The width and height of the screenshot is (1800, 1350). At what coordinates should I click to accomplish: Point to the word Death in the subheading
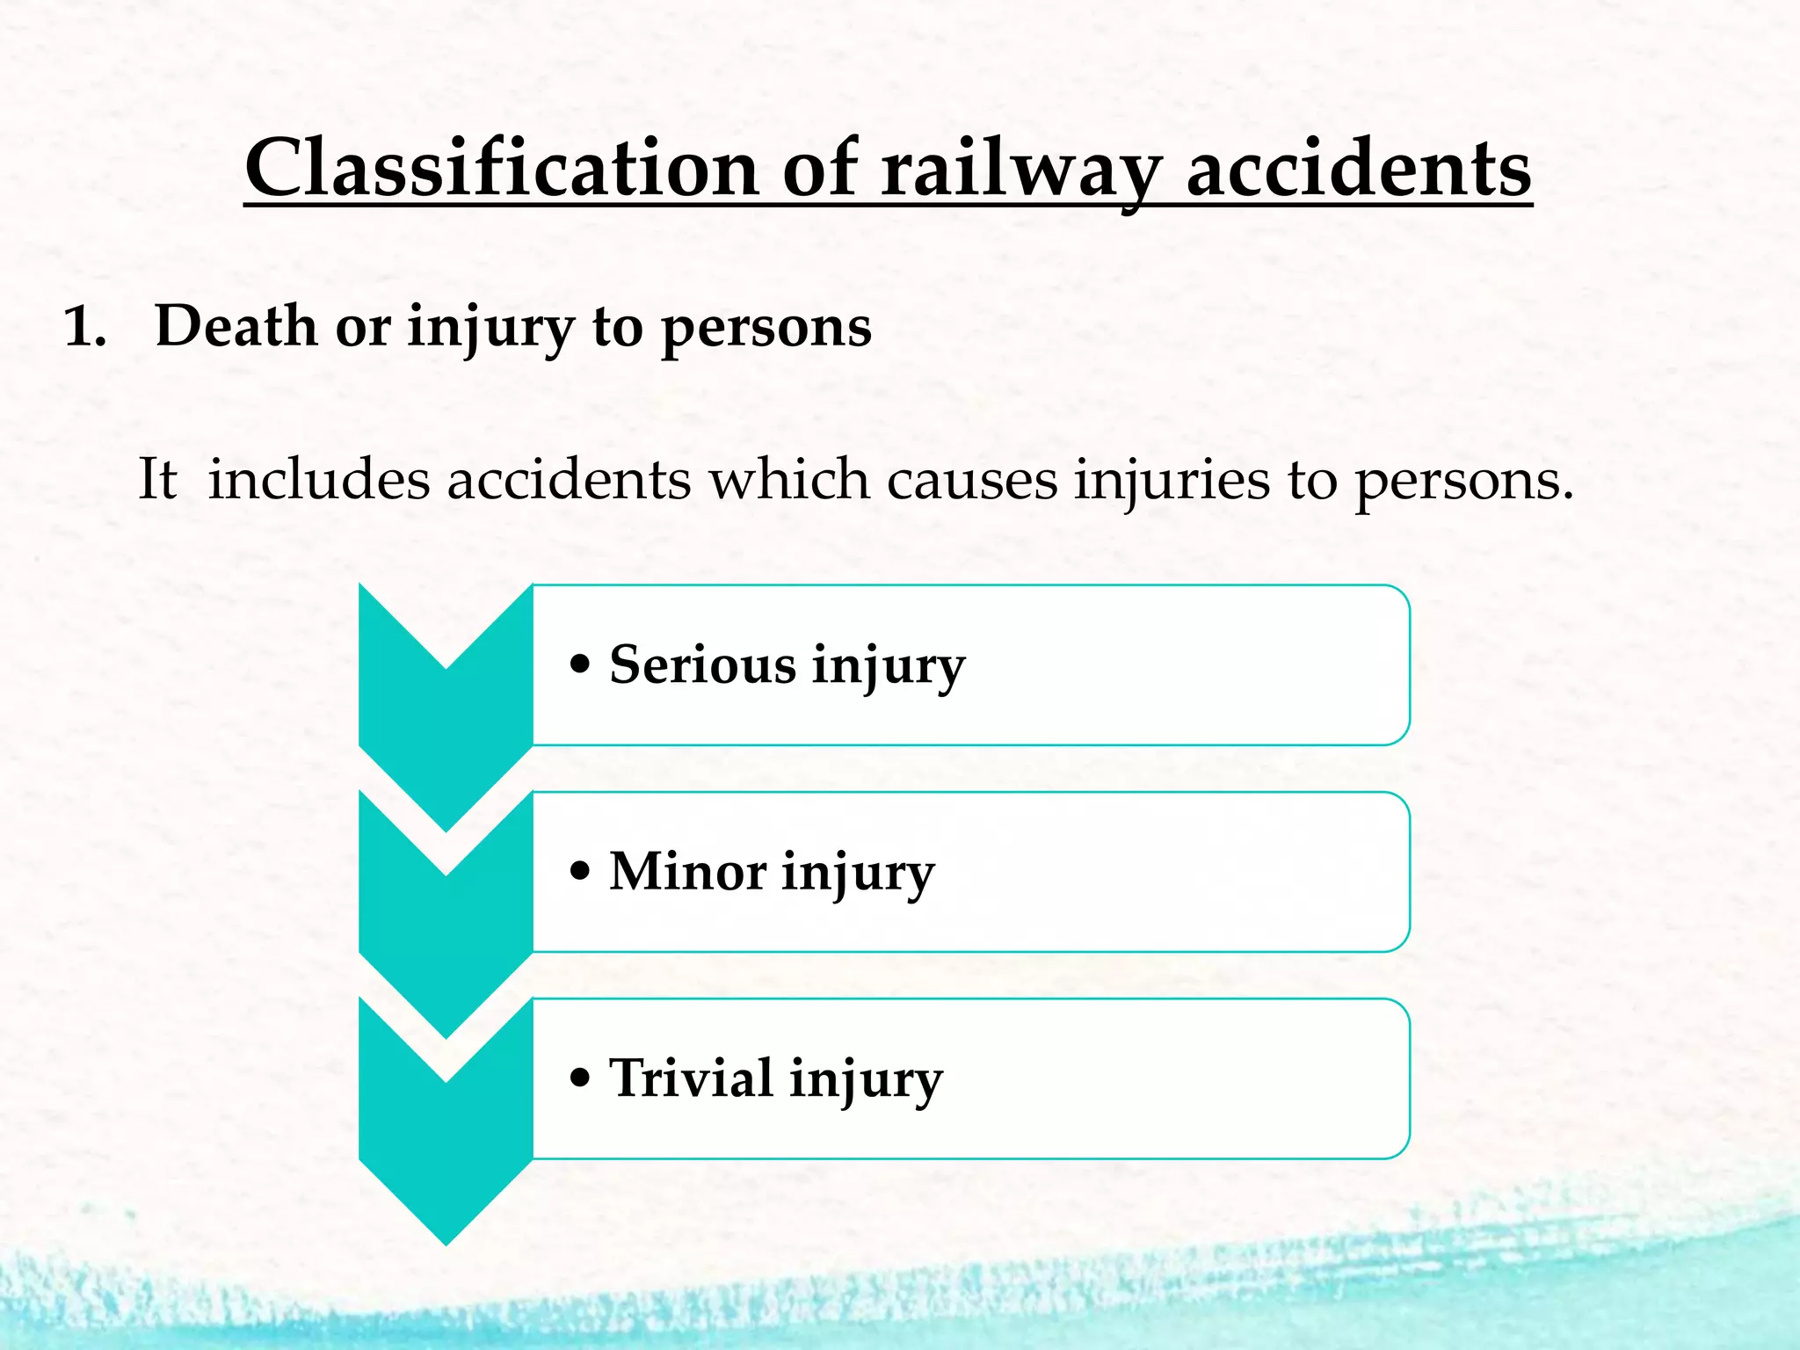(236, 326)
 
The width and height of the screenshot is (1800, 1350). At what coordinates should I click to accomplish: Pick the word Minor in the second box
(687, 872)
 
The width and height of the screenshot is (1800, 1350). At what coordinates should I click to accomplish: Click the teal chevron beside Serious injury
(446, 729)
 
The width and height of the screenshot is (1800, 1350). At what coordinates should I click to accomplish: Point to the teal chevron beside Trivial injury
(446, 1143)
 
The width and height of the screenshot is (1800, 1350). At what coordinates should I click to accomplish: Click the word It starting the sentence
(158, 480)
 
